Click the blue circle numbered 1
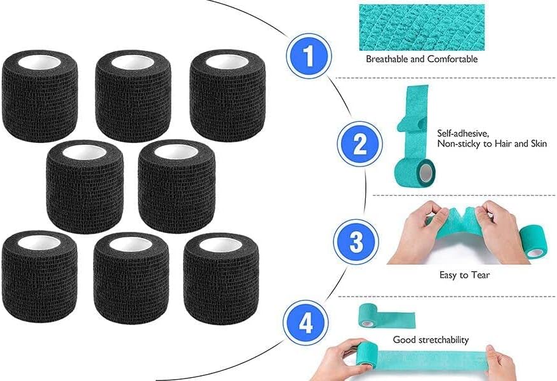(309, 56)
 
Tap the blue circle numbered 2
(359, 144)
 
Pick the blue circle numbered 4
(307, 324)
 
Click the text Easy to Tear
(465, 275)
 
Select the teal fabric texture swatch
(422, 27)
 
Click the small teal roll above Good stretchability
(368, 316)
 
